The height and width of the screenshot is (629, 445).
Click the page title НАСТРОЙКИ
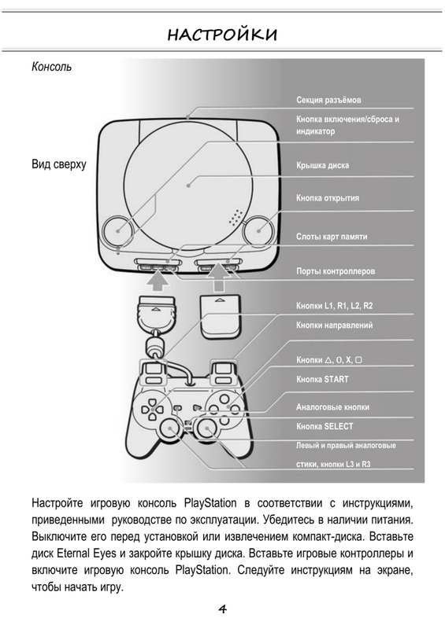222,35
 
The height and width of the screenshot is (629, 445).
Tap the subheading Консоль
51,67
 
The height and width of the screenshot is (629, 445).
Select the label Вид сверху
59,164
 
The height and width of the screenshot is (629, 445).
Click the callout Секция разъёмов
328,100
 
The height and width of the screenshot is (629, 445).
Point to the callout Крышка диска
322,165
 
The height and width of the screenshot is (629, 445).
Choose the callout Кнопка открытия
328,198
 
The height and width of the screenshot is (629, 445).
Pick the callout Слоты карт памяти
332,237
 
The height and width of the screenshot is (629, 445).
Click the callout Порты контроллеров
336,271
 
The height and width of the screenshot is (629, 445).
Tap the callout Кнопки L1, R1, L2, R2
335,306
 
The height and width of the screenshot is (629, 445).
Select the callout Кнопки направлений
335,325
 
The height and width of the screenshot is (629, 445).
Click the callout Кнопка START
322,379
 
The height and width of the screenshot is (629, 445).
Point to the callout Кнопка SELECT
324,426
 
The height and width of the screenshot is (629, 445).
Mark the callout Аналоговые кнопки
332,407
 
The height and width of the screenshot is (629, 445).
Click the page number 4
222,609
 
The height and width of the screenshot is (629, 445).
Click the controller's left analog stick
170,429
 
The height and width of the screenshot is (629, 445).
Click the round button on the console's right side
258,230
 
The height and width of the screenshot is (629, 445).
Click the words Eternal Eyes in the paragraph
86,554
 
